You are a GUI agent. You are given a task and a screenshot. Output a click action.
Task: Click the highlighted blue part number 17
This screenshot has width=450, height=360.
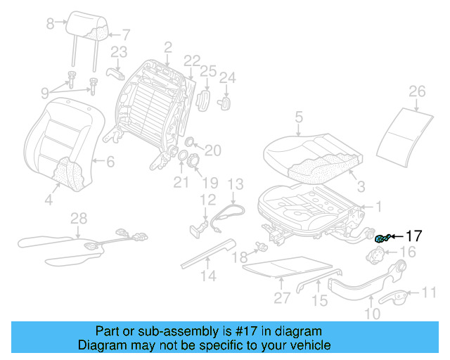point(382,238)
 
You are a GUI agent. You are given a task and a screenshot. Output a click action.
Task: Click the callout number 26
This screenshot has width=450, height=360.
point(417,91)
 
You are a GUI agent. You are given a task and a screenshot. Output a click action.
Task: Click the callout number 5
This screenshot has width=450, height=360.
point(298,117)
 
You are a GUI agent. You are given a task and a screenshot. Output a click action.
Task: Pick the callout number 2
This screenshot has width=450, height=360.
point(167,48)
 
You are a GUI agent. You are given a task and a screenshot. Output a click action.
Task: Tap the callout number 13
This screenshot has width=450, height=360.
point(235,184)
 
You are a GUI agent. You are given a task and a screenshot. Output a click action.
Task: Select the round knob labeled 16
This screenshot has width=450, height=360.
point(380,255)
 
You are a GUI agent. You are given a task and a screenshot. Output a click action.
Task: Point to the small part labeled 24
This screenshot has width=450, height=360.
point(227,102)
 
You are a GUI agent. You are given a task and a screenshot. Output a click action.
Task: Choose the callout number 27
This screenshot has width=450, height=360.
point(282,297)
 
